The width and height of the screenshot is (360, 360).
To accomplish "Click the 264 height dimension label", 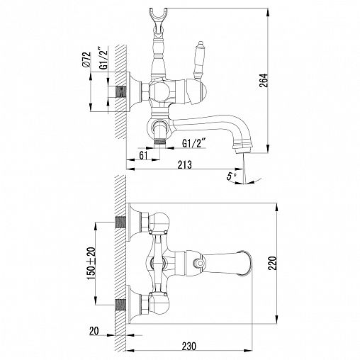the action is [x=264, y=80].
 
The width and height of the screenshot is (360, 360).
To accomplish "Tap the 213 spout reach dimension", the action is [x=185, y=164].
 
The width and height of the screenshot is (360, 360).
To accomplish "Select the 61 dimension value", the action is [x=143, y=155].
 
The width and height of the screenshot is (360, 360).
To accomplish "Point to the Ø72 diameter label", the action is [x=86, y=60].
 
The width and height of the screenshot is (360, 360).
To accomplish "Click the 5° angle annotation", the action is [x=232, y=176].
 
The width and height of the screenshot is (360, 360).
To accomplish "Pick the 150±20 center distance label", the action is [x=91, y=264].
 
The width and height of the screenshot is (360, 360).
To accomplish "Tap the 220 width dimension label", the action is [x=272, y=263].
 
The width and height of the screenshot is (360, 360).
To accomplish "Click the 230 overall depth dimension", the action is [x=189, y=346].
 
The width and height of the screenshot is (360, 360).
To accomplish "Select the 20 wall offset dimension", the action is [x=94, y=331].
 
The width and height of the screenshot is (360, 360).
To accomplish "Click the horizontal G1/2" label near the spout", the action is [x=193, y=143].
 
